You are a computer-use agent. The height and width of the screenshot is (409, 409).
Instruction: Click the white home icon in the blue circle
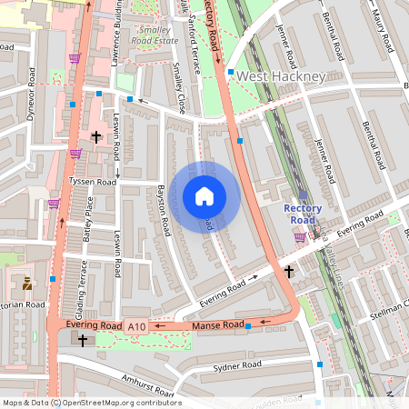coord(204,195)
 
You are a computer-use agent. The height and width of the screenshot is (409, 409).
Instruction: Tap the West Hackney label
coord(280,77)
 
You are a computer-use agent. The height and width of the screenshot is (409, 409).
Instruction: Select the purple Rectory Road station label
coord(302,214)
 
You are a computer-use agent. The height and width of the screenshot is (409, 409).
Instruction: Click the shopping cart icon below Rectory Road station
coord(300,237)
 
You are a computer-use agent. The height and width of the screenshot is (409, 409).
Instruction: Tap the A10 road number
coord(136,326)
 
